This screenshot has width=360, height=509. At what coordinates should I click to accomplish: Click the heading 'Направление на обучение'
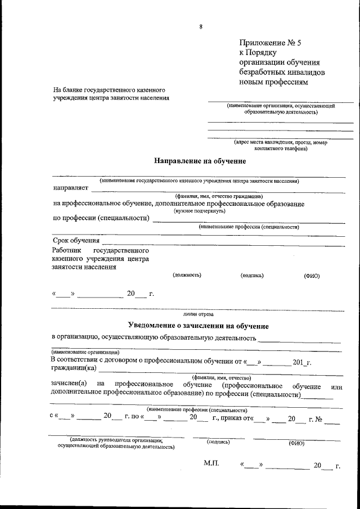pos(200,161)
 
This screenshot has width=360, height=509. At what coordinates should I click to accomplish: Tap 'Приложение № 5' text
pos(266,42)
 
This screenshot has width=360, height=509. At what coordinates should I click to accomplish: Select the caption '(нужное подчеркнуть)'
pos(200,210)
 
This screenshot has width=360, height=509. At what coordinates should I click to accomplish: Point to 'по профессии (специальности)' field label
pos(101,218)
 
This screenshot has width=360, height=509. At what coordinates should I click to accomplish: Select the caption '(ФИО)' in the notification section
pos(296,443)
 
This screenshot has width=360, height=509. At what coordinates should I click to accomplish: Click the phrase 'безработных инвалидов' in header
pos(281,73)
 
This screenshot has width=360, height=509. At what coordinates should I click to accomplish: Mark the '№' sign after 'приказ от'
pos(319,418)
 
